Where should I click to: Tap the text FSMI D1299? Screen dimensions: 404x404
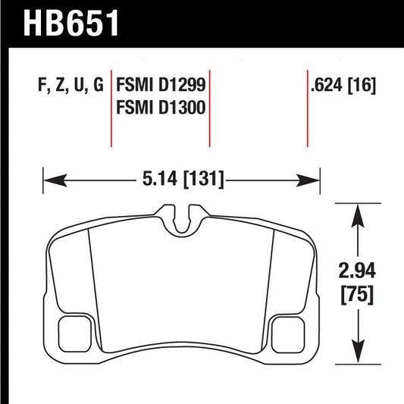pyautogui.click(x=160, y=85)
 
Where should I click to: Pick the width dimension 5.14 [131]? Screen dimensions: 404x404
pyautogui.click(x=181, y=180)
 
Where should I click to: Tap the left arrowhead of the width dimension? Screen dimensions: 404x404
pyautogui.click(x=50, y=180)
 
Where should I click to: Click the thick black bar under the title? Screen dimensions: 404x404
pyautogui.click(x=202, y=45)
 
